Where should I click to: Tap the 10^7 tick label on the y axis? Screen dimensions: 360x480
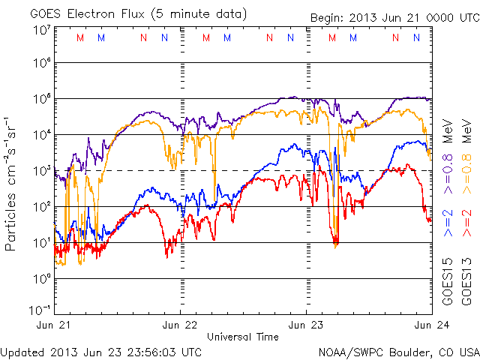point(42,29)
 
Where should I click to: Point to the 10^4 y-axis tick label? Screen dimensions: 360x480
point(42,135)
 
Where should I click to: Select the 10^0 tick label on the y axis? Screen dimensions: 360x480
point(42,279)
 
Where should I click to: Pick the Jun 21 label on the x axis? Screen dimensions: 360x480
point(54,325)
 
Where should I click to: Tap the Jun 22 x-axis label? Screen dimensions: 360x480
point(180,325)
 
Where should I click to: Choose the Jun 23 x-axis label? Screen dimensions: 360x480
point(306,325)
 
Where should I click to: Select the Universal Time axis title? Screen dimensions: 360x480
point(242,337)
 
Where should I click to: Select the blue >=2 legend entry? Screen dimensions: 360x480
point(447,223)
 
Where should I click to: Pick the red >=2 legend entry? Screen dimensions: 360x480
point(465,223)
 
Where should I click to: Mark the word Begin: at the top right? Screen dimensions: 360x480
point(328,18)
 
